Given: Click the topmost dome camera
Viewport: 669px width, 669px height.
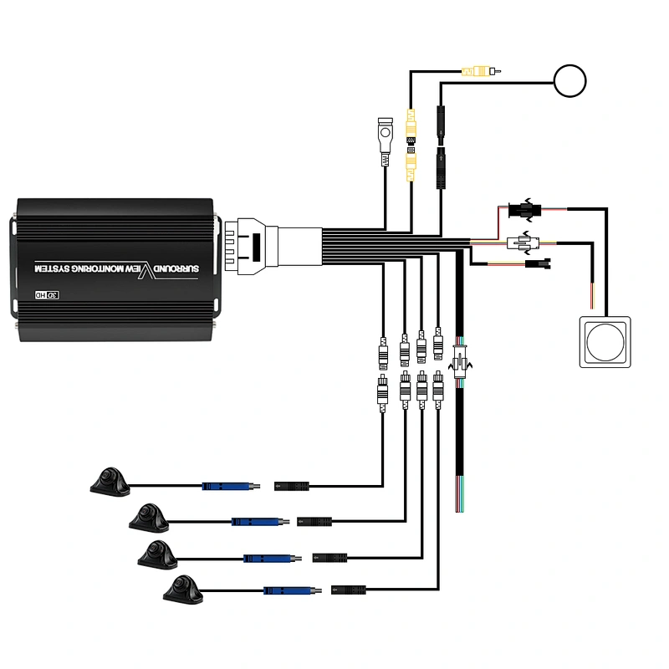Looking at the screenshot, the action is click(110, 483).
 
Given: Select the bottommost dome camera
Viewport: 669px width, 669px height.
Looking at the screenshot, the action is click(183, 590).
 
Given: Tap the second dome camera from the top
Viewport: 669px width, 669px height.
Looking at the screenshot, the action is click(150, 518).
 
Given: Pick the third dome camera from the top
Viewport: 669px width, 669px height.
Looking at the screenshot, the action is click(158, 554).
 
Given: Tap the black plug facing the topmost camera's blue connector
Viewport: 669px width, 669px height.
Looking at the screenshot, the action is click(291, 486).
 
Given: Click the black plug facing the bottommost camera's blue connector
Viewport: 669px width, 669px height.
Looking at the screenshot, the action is click(349, 590).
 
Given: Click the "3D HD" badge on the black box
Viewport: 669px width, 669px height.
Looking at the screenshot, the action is click(47, 295).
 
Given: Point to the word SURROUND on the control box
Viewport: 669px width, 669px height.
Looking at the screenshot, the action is click(176, 268).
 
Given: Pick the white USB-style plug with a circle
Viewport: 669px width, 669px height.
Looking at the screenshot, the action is click(386, 141).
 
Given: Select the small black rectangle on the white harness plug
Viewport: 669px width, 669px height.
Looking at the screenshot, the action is click(257, 248).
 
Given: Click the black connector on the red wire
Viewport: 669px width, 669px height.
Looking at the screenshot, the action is click(525, 210).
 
